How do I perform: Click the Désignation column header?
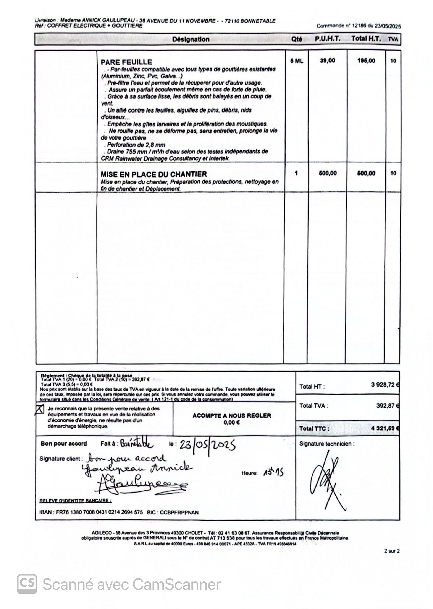pyautogui.click(x=191, y=39)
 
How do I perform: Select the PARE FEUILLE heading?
pyautogui.click(x=126, y=62)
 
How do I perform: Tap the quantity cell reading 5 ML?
pyautogui.click(x=296, y=61)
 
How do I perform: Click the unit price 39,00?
pyautogui.click(x=327, y=61)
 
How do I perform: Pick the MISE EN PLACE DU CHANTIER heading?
pyautogui.click(x=153, y=174)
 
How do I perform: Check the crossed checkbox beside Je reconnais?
pyautogui.click(x=39, y=409)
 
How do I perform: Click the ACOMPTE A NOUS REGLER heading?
pyautogui.click(x=232, y=416)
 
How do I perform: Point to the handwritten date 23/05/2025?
pyautogui.click(x=207, y=445)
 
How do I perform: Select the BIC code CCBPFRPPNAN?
pyautogui.click(x=179, y=513)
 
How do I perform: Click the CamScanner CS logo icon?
pyautogui.click(x=27, y=584)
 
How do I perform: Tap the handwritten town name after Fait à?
pyautogui.click(x=137, y=444)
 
